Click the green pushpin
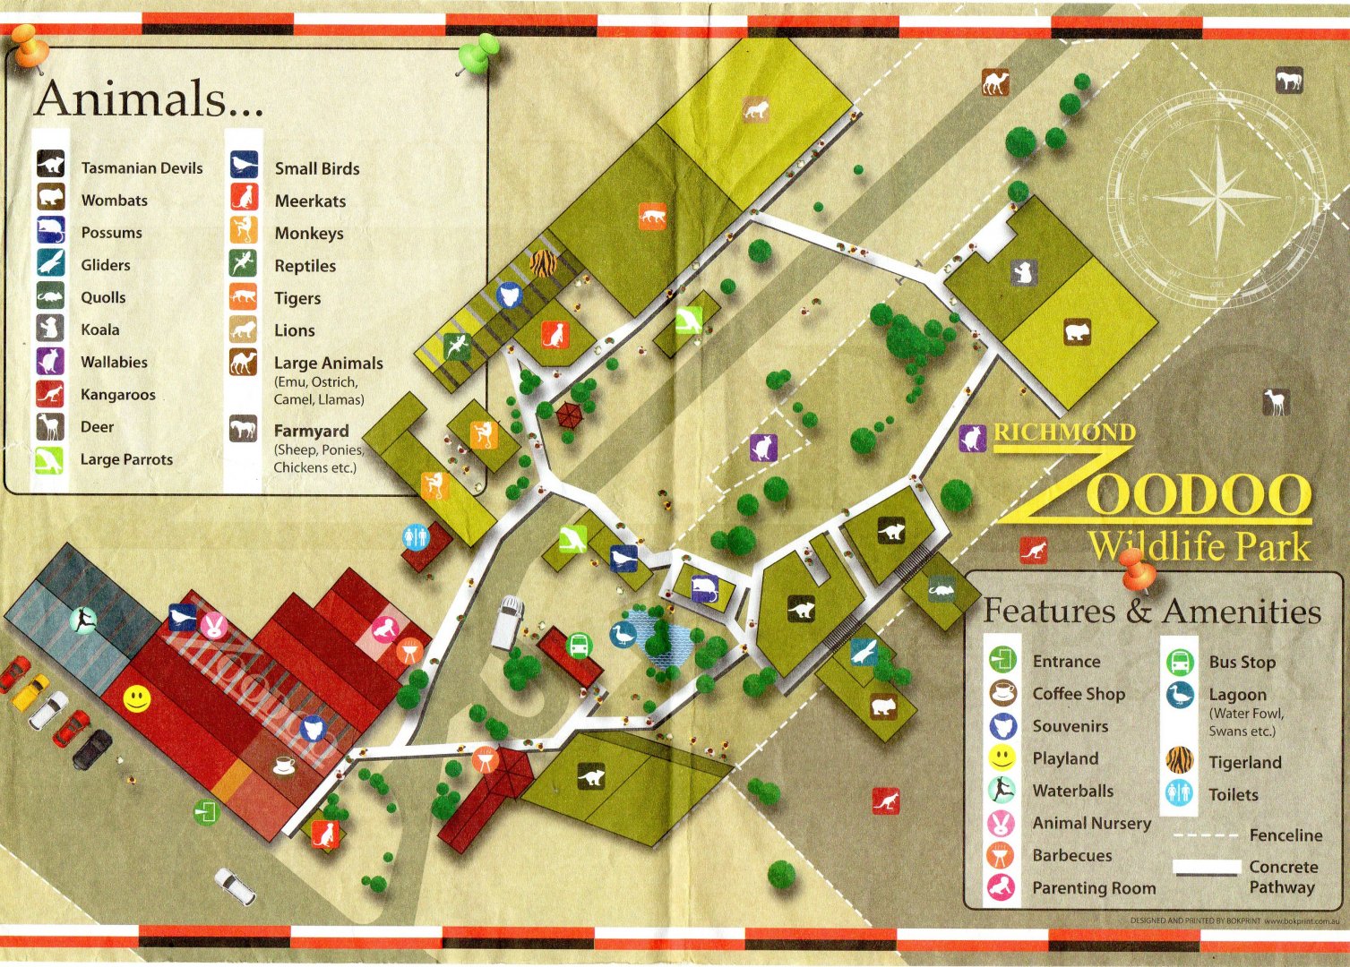[x=480, y=53]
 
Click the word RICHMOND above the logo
[x=1064, y=432]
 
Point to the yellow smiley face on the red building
[x=136, y=698]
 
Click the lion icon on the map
[x=755, y=110]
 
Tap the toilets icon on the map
[x=415, y=537]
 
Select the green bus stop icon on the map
[x=579, y=644]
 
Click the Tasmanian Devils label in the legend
[x=142, y=168]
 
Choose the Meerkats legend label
[x=310, y=201]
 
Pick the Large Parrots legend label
[x=126, y=459]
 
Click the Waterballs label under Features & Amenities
[x=1072, y=791]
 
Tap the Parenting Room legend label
[x=1093, y=888]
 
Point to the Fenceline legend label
[x=1286, y=835]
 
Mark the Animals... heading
[x=150, y=98]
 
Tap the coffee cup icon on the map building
[x=284, y=766]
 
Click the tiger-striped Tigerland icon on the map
[x=544, y=263]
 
